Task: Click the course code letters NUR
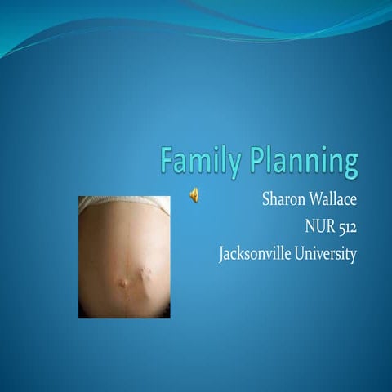point(319,226)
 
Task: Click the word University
point(326,254)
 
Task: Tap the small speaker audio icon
point(195,194)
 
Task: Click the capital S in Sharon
point(265,198)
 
